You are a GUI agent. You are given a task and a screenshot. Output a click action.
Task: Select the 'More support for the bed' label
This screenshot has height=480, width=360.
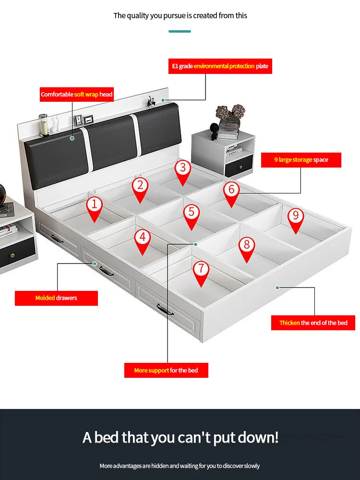[166, 370]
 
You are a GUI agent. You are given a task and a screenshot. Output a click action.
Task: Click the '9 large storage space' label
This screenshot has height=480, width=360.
[301, 160]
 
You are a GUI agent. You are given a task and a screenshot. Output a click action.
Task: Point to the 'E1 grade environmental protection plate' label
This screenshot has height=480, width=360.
[220, 66]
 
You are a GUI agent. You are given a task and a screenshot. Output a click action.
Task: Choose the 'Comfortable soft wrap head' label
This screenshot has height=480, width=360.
[77, 95]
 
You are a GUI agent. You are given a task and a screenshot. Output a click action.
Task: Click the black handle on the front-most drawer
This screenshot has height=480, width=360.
[165, 311]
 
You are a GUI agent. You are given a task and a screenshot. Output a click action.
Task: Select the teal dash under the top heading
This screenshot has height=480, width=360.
[180, 31]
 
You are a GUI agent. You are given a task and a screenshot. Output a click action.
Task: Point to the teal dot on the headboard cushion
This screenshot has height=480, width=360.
[72, 138]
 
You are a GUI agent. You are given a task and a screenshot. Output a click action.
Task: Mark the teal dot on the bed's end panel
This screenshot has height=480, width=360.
[277, 288]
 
